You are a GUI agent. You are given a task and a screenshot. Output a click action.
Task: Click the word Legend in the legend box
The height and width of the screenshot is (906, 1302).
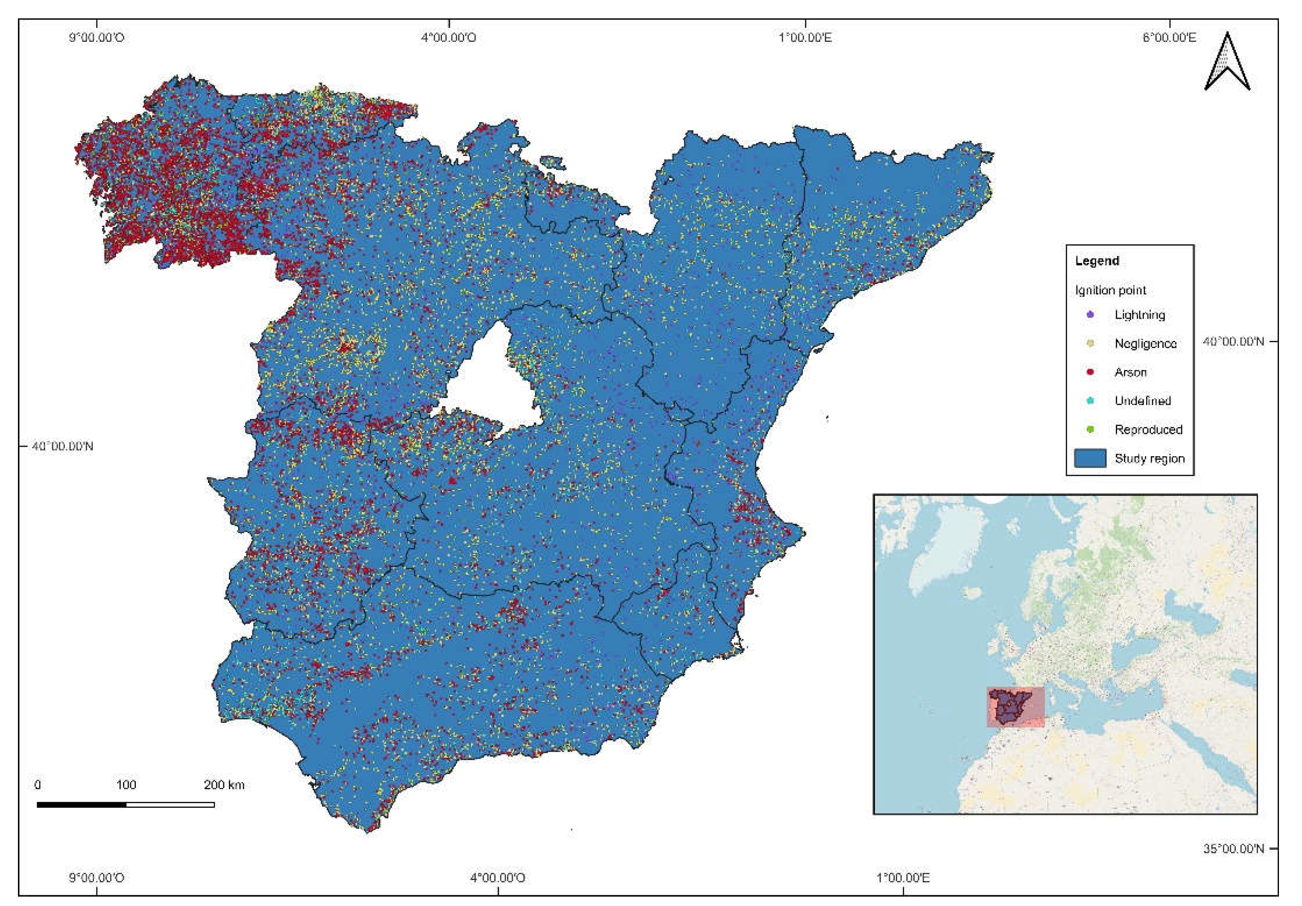coord(1097,261)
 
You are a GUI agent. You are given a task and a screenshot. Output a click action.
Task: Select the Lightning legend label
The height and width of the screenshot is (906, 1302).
coord(1139,315)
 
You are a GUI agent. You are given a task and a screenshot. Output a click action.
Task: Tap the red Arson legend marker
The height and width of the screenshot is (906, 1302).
coord(1090,372)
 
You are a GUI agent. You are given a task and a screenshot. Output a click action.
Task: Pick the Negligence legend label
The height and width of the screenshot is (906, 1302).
coord(1145,343)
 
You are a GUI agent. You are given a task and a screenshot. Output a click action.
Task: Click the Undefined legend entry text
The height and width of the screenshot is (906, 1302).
coord(1142,401)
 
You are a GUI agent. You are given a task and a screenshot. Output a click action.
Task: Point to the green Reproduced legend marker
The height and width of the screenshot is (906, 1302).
coord(1090,429)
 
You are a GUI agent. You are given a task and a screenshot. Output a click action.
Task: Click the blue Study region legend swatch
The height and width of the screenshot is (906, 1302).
coord(1090,458)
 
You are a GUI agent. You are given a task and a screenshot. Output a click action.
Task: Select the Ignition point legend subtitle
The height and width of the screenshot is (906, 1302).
coord(1110,290)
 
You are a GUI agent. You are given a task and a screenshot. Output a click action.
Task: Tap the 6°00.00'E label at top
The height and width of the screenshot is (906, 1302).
coord(1169,38)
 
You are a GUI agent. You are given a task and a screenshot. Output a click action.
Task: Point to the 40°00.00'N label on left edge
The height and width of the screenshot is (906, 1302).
coord(62,446)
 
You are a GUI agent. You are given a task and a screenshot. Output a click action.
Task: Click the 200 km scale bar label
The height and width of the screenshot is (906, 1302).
coord(224,785)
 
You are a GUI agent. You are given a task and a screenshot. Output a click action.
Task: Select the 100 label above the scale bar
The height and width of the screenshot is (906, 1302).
coord(126,785)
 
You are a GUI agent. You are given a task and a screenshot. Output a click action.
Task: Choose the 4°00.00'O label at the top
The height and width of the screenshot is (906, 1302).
coord(448,38)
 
